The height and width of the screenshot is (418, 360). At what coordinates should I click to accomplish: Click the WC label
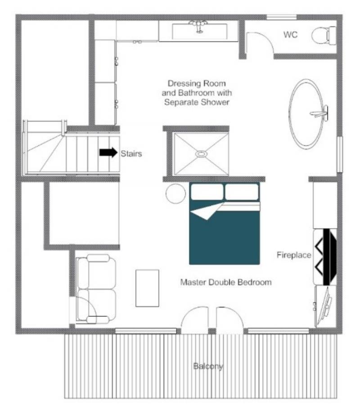290,35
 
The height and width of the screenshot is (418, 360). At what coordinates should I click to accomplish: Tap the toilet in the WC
324,35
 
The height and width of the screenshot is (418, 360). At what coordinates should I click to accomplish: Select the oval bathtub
306,114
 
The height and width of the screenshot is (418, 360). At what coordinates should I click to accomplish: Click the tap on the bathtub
320,113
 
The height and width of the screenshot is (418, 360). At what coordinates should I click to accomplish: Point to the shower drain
201,154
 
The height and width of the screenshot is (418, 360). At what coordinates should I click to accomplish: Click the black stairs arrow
108,152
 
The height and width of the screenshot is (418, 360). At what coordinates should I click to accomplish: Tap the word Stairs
131,153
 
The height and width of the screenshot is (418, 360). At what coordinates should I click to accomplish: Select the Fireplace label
294,255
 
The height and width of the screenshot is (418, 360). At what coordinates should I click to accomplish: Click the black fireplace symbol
326,257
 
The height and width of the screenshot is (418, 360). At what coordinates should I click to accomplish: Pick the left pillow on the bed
207,192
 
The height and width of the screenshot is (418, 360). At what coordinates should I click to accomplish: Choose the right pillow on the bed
242,192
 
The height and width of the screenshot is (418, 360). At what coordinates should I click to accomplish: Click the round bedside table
175,194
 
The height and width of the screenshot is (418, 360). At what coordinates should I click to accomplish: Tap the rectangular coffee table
147,288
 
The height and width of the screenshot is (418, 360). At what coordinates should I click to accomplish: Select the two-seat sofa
96,289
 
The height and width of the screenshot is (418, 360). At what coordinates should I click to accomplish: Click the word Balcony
208,367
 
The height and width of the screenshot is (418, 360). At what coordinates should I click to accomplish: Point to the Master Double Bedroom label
226,282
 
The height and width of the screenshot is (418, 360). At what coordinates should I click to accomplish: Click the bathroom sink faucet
198,26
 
